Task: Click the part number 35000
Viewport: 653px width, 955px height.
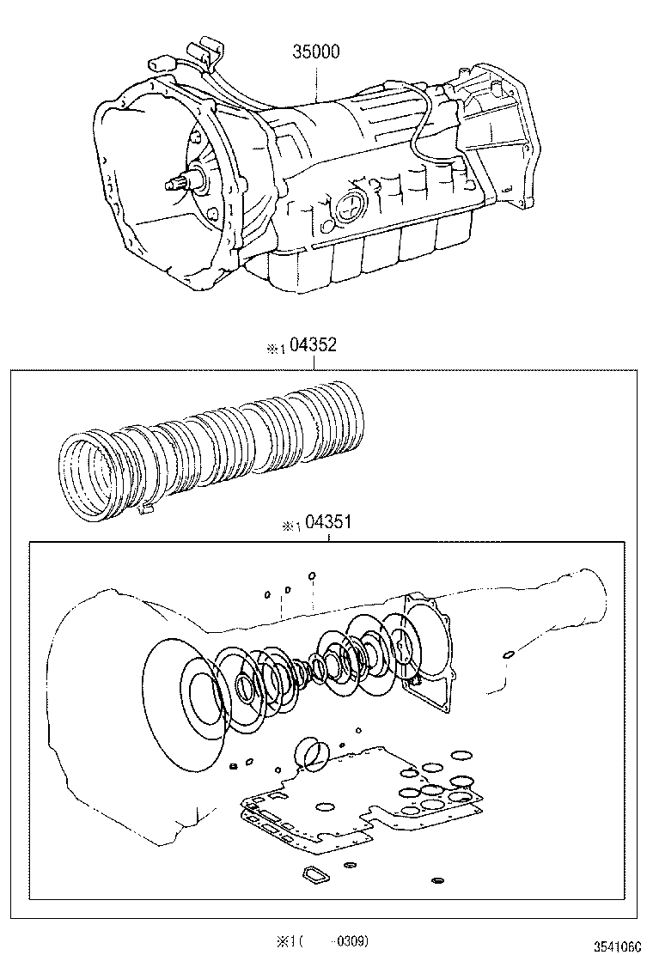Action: [x=316, y=52]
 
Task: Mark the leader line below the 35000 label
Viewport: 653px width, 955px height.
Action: [x=317, y=82]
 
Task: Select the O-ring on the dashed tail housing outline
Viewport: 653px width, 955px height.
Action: [x=509, y=656]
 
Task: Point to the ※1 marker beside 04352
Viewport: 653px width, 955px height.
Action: [x=273, y=349]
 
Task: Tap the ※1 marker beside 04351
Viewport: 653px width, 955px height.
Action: [x=289, y=526]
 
